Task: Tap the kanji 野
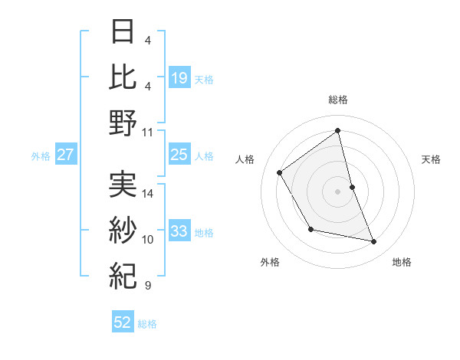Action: click(x=123, y=123)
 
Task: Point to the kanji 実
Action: click(x=123, y=184)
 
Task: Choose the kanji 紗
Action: click(x=123, y=230)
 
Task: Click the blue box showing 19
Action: click(x=179, y=77)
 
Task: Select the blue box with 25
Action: click(x=179, y=155)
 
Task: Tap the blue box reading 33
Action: click(x=179, y=231)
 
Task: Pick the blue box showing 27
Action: click(x=66, y=155)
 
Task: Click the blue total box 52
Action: click(x=123, y=322)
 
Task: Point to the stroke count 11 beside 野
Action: click(x=148, y=132)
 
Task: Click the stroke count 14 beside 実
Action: click(x=148, y=193)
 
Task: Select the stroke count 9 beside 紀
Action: click(x=147, y=286)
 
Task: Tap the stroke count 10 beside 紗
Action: click(x=148, y=239)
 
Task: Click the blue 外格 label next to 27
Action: click(x=41, y=156)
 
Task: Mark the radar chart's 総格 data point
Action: click(x=337, y=130)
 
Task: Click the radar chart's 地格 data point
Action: click(x=374, y=242)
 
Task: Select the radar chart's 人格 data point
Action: click(x=280, y=172)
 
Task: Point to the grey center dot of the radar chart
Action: click(x=337, y=191)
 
